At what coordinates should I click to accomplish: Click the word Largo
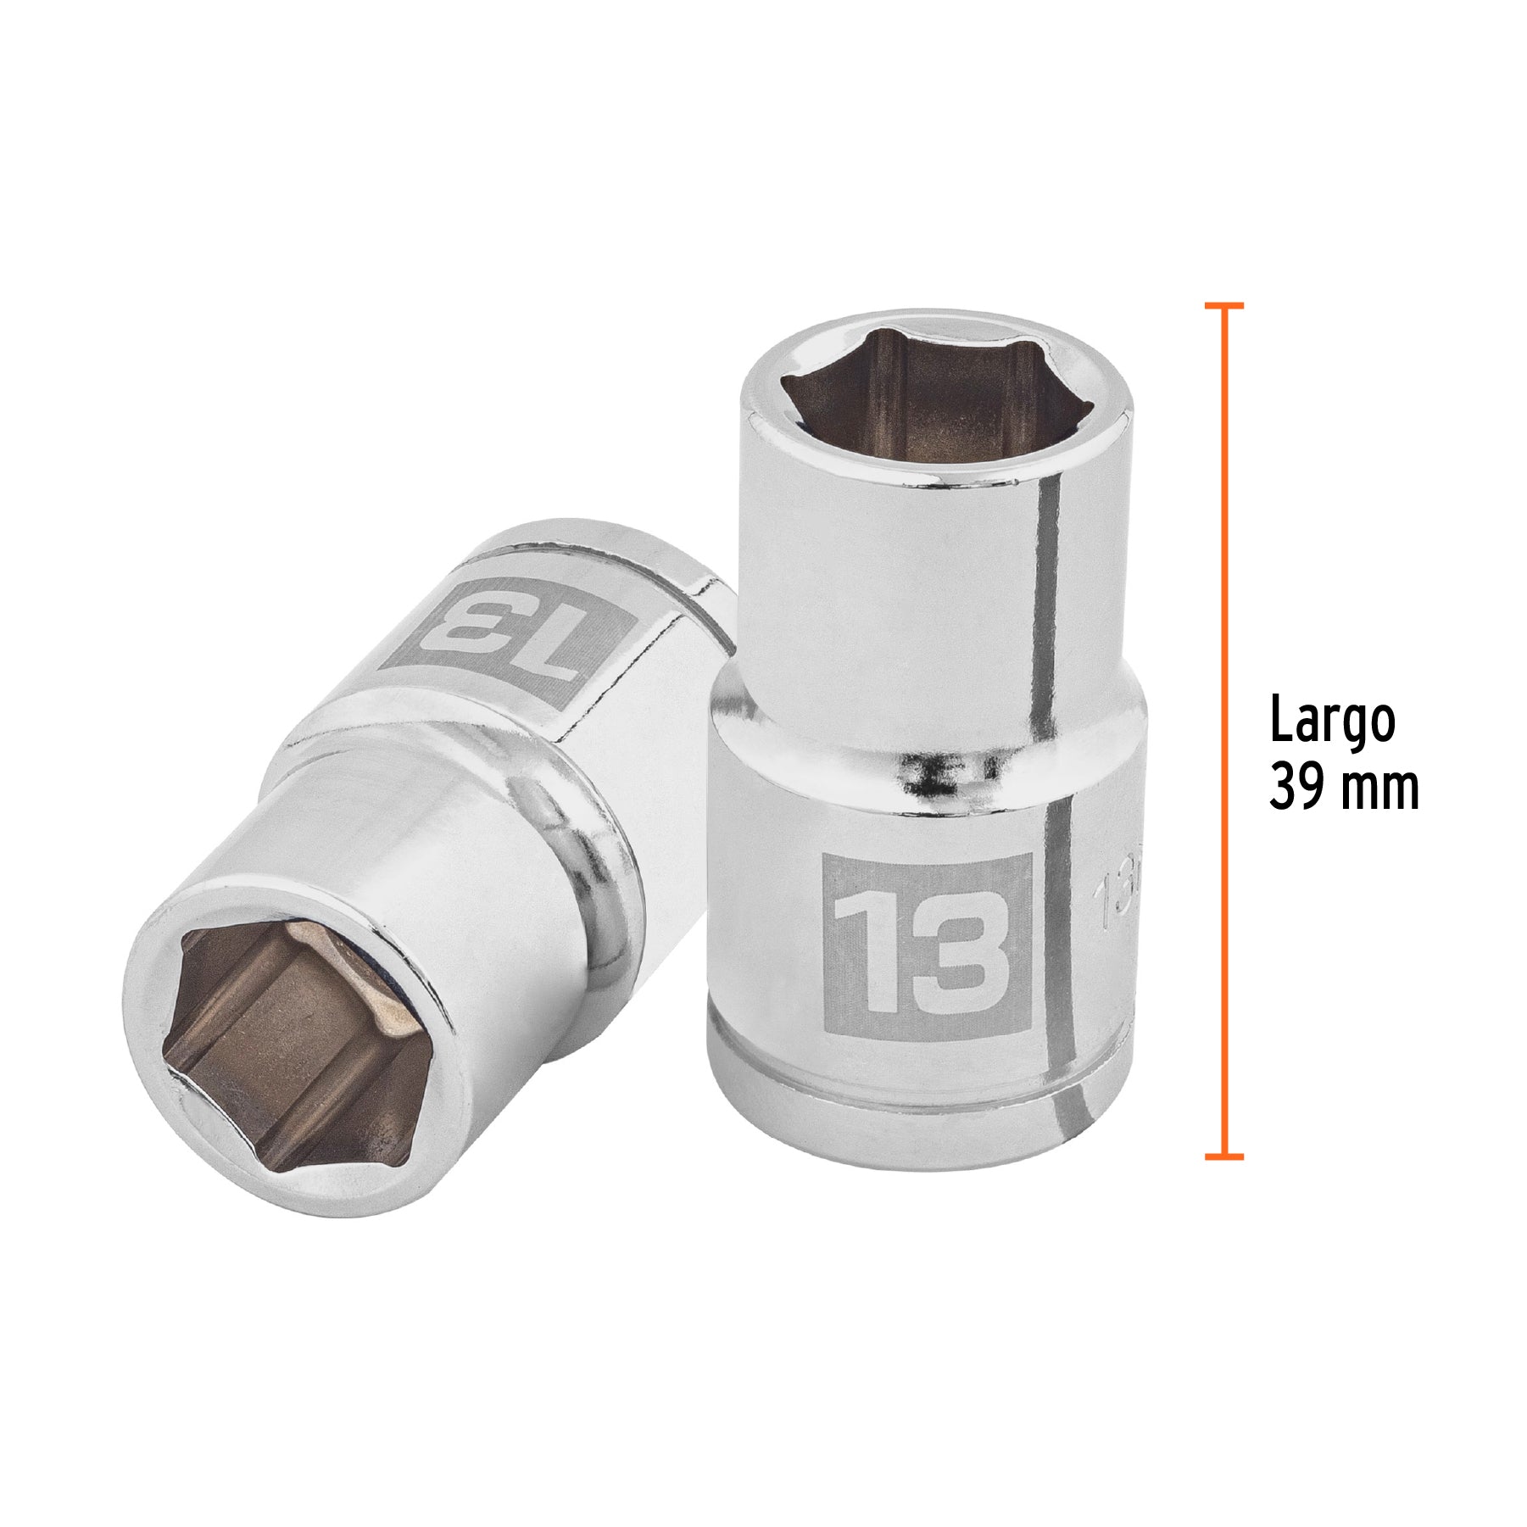coord(1332,722)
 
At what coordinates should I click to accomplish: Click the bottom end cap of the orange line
coord(1223,1156)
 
